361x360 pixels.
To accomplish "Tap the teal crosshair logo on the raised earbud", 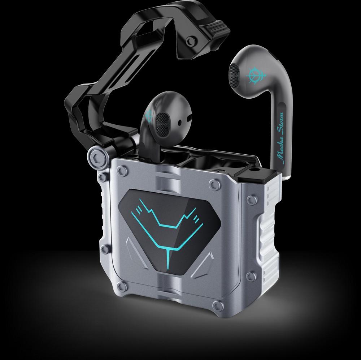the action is [255, 75].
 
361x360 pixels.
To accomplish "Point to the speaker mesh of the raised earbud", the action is [234, 76].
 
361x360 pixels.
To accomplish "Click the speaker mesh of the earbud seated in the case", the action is [163, 125].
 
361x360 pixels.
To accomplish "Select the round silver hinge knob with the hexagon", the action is [97, 159].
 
